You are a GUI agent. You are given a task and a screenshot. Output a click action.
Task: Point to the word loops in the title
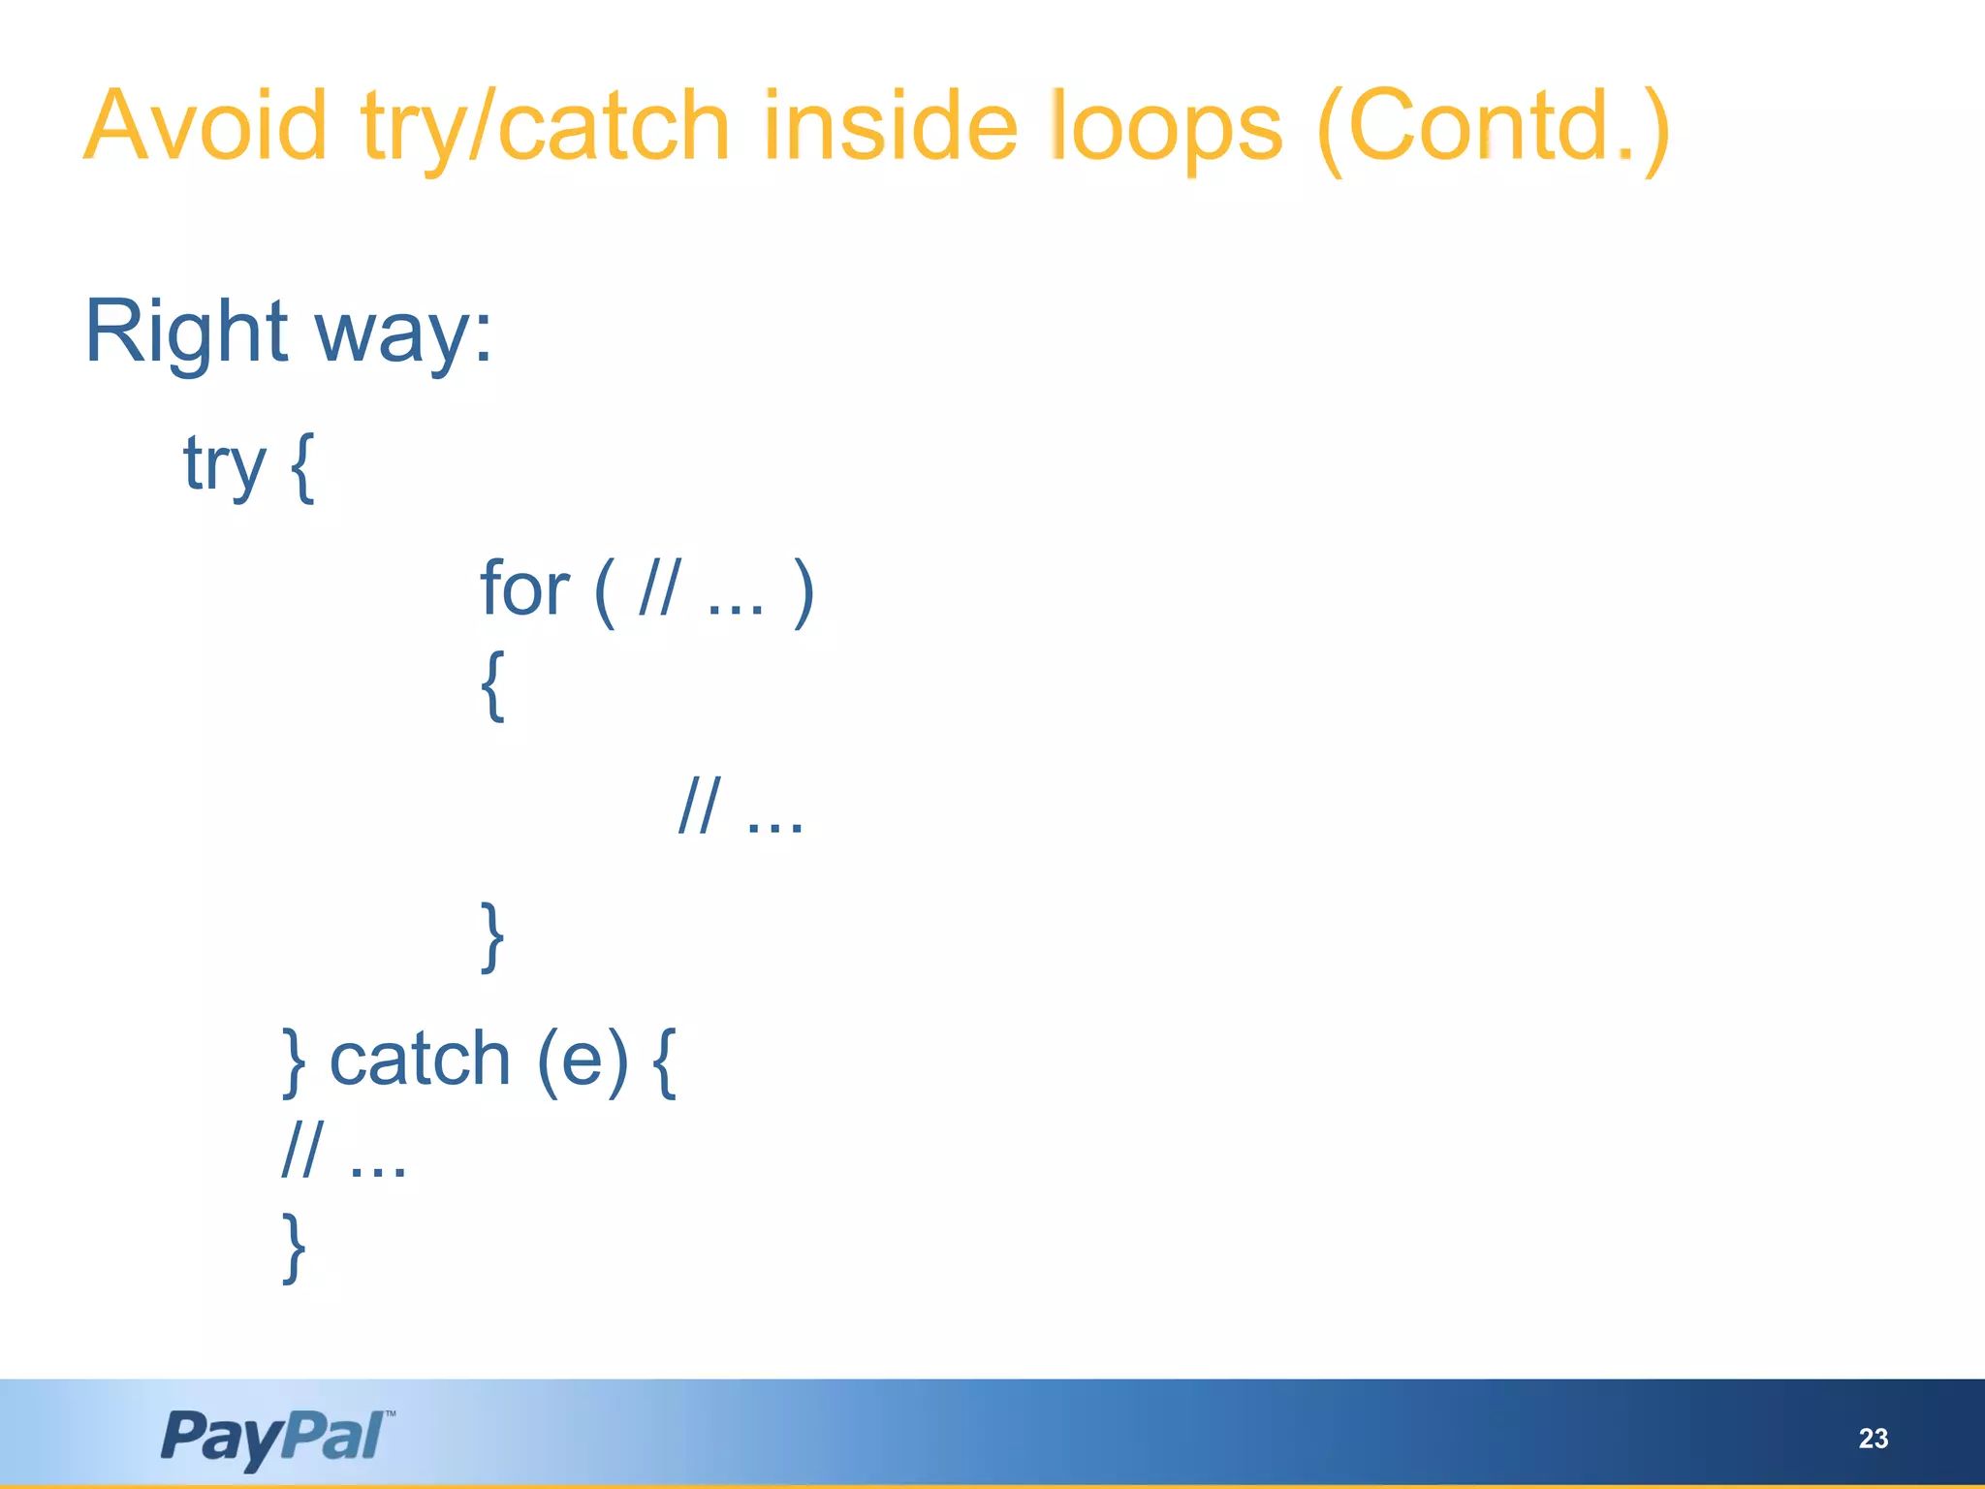point(1167,128)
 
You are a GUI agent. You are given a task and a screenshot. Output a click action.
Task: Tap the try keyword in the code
point(224,466)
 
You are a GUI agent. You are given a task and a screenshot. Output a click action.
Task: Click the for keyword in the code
point(524,588)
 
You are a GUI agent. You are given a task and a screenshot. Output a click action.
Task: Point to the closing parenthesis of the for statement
point(803,591)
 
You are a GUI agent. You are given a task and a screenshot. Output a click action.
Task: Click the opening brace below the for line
point(492,685)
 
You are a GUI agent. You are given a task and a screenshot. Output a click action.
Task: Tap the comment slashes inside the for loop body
point(699,806)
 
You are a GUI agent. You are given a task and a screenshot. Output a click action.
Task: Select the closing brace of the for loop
point(492,935)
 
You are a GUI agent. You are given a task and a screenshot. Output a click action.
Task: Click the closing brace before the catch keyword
point(294,1062)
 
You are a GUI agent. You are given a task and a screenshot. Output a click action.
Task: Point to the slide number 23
point(1873,1439)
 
